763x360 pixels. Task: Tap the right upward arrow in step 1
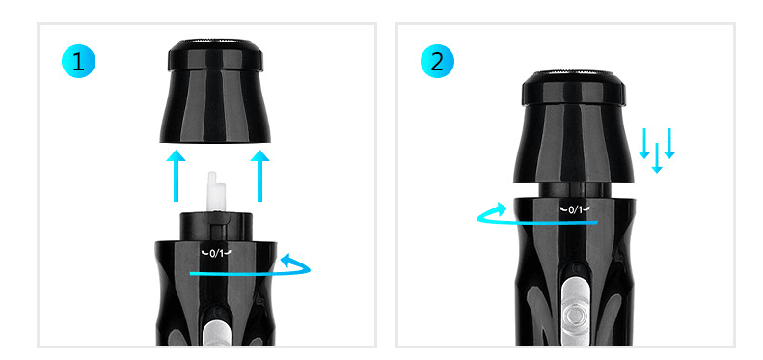click(x=259, y=174)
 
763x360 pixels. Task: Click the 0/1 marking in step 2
click(x=575, y=208)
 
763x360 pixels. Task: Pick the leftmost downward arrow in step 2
click(x=644, y=142)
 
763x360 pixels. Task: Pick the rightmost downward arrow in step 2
click(x=669, y=142)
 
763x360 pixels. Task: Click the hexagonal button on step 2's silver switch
click(x=576, y=314)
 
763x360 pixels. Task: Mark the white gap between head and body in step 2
click(x=575, y=189)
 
